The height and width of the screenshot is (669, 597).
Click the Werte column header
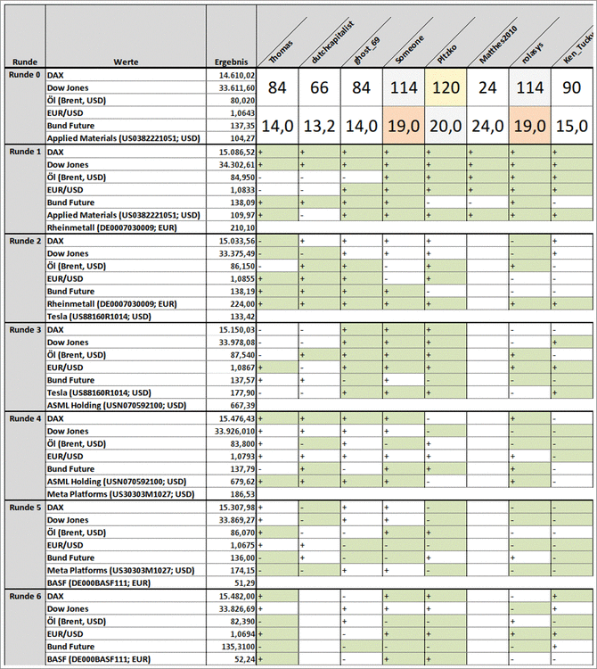[x=125, y=62]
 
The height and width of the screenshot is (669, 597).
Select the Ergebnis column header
[x=232, y=62]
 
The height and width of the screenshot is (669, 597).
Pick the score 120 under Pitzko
[x=446, y=88]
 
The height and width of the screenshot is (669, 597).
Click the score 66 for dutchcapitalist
[x=320, y=88]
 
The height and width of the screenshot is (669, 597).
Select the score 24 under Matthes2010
[x=487, y=88]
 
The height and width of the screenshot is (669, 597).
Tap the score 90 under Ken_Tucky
[x=570, y=88]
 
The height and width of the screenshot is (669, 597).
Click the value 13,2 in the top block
[x=320, y=126]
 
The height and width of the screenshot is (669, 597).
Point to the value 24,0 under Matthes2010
[x=487, y=126]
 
